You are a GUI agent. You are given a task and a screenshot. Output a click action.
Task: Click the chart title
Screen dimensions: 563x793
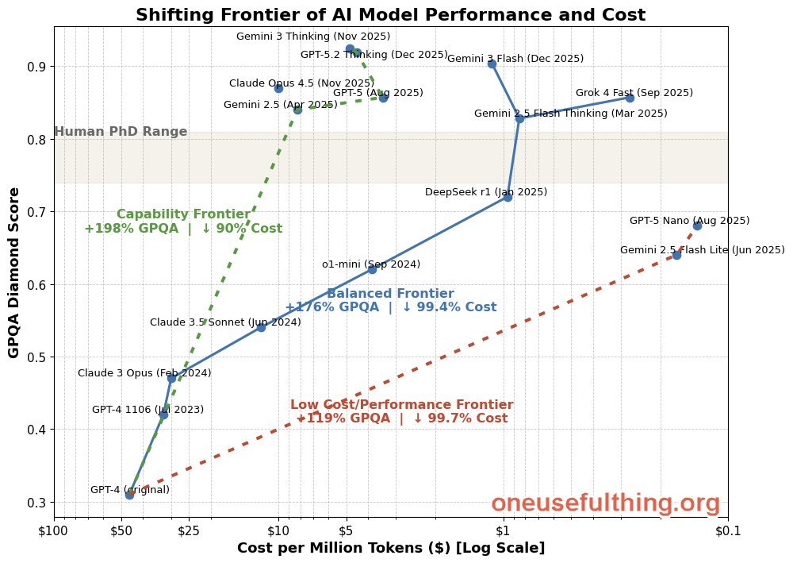[390, 14]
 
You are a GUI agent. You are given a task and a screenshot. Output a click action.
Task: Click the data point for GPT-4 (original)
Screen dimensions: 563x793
[129, 495]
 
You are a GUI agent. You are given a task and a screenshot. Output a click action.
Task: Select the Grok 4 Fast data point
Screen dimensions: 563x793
[630, 98]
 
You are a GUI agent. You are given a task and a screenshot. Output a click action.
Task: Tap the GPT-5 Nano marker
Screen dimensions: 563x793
[697, 226]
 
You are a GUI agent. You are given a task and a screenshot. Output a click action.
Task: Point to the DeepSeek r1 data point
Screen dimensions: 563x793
[508, 197]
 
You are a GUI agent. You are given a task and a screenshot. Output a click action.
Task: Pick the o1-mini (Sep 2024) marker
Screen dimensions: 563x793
[372, 269]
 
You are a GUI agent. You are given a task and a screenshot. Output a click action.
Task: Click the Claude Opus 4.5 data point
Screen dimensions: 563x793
[278, 88]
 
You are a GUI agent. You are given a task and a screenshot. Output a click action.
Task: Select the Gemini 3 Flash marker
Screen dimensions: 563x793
[492, 64]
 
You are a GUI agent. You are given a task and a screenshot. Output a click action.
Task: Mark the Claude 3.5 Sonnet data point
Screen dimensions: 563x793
[261, 327]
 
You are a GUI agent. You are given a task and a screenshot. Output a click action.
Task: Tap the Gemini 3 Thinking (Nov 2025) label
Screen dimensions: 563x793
[313, 37]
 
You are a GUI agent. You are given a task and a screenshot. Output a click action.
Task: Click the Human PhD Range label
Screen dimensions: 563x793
[121, 132]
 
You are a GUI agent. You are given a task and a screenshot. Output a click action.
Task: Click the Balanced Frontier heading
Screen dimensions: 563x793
[390, 294]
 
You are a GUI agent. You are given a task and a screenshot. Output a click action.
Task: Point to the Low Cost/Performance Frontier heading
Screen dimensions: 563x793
[401, 405]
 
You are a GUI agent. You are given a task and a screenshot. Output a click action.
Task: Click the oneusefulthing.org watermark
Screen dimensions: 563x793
[605, 503]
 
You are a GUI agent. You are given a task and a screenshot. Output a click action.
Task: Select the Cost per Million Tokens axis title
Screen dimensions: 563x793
[390, 549]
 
